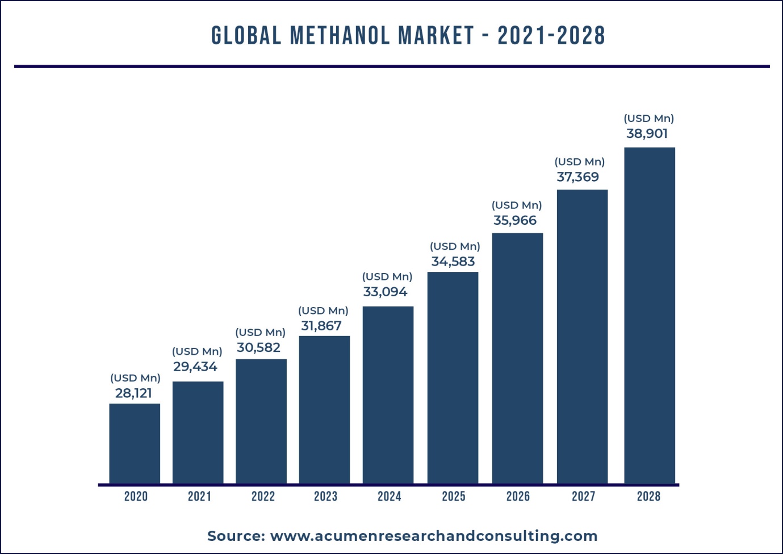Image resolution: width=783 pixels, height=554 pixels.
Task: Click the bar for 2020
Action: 135,443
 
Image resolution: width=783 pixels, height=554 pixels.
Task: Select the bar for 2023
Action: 324,409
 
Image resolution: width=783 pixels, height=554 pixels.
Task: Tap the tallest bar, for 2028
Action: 650,315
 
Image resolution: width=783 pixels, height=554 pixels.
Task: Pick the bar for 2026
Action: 517,358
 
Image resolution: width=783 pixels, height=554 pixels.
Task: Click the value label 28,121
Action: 133,393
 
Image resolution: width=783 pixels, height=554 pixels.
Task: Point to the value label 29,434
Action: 195,367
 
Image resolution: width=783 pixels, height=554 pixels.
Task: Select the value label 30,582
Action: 258,347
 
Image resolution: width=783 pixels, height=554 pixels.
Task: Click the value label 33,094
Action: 385,292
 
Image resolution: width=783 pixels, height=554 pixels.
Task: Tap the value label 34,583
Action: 453,262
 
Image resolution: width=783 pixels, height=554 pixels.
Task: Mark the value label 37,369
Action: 577,177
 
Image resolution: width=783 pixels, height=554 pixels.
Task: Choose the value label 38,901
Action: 647,134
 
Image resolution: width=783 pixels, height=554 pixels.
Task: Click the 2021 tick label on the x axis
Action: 199,497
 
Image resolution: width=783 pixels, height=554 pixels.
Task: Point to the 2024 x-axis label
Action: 390,497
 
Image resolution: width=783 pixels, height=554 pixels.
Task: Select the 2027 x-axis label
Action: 583,497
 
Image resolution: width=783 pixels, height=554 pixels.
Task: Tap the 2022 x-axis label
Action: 263,497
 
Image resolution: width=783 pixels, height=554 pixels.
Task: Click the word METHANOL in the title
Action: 340,36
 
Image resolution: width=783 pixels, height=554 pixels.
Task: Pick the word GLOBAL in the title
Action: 246,36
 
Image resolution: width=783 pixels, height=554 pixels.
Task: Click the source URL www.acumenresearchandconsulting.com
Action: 434,536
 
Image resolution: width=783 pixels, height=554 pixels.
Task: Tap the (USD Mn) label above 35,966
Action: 517,205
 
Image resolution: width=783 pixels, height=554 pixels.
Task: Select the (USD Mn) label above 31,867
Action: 323,311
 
